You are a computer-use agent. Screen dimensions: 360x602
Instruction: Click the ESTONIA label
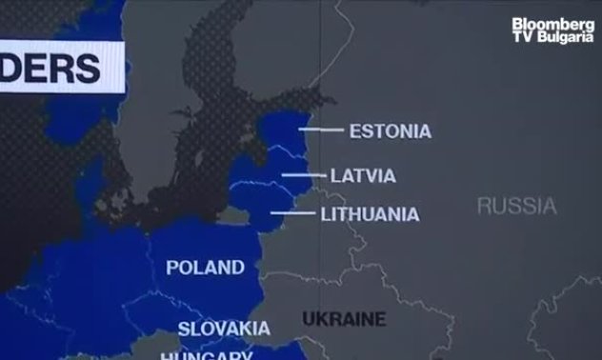coord(390,130)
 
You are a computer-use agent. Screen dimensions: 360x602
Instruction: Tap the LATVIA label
coord(363,176)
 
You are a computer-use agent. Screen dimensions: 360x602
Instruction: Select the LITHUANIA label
coord(370,214)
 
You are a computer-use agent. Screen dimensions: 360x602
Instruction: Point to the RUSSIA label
coord(516,205)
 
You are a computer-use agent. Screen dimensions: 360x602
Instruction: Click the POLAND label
coord(205,267)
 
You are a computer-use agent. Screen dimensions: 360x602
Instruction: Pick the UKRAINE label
coord(344,319)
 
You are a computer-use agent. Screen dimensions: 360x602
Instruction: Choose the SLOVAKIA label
coord(224,330)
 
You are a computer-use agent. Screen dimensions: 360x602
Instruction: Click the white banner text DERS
coord(57,68)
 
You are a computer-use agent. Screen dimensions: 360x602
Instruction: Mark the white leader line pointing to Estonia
coord(321,130)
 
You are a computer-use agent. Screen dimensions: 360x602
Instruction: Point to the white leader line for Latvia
coord(303,175)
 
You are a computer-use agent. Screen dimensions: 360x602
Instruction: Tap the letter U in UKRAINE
coord(308,319)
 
